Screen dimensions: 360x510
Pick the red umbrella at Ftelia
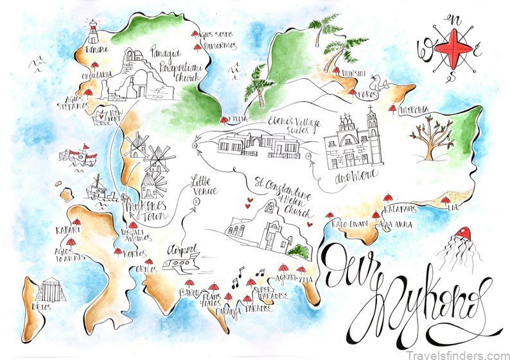224,119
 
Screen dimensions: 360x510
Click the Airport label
177,248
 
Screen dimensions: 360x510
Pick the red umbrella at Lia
445,201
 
